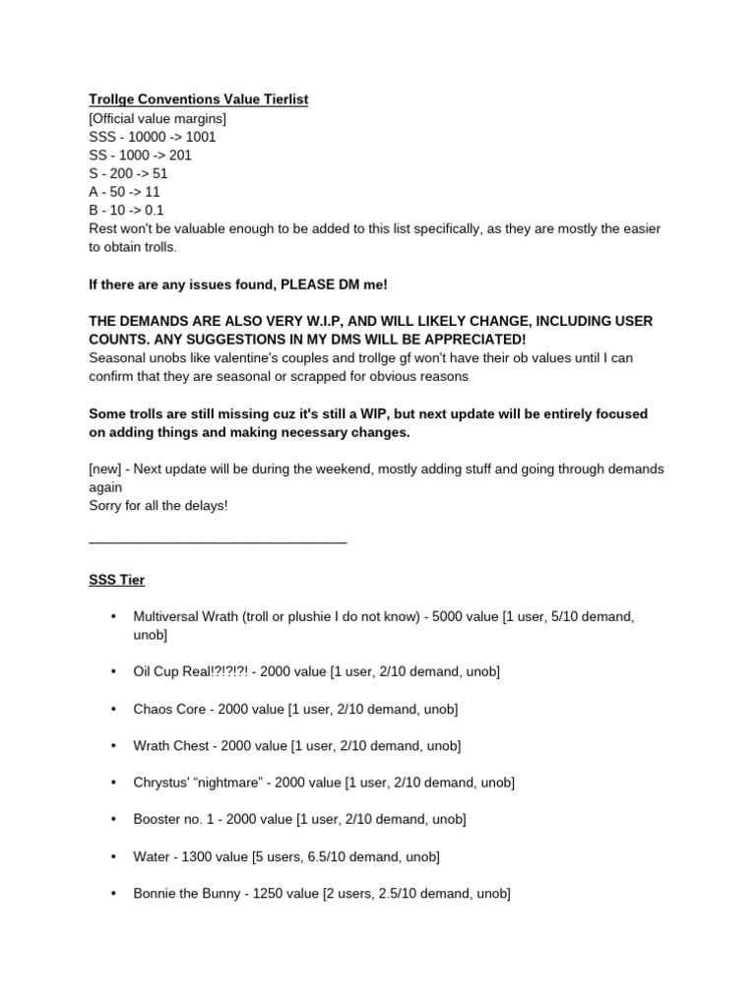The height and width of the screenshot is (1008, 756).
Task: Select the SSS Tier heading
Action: (x=117, y=580)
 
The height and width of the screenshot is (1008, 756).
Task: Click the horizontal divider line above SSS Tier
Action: (x=218, y=540)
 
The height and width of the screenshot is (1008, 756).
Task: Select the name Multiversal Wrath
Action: (x=185, y=617)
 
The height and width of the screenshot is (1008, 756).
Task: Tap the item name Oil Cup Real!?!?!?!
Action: (x=192, y=671)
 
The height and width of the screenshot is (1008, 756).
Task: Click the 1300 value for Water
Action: (x=194, y=856)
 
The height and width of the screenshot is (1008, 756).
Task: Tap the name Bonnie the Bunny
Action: (x=187, y=894)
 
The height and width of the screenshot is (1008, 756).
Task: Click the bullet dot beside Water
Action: (x=112, y=856)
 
